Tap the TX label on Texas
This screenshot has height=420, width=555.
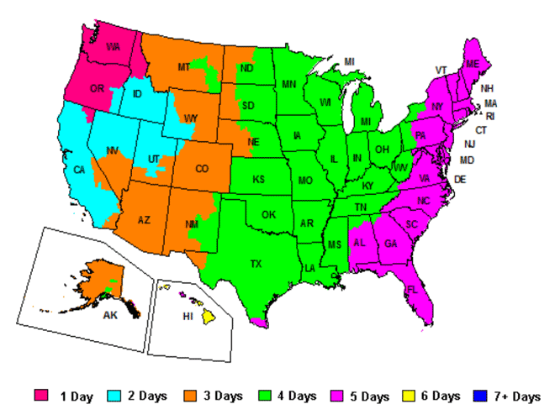coord(256,263)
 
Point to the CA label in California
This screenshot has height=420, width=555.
coord(79,170)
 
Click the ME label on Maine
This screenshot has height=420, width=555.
coord(473,64)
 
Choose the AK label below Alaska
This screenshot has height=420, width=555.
coord(110,317)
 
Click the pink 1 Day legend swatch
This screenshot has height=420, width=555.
coord(41,396)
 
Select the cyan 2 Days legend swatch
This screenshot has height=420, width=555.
coord(115,396)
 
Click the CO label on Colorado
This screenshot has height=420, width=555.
coord(202,168)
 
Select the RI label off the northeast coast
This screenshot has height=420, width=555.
coord(490,116)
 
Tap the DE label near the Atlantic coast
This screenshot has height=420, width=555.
coord(460,180)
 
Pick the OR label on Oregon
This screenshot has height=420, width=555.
coord(97,88)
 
